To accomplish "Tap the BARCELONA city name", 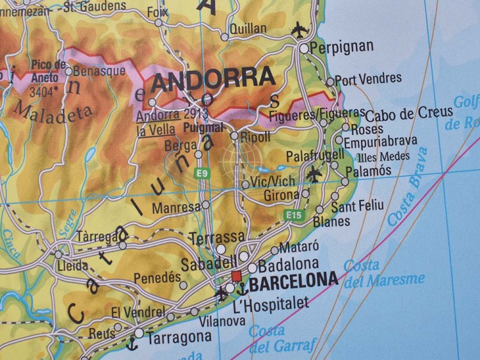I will click(x=294, y=280).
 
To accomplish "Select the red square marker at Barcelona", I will click(x=236, y=275).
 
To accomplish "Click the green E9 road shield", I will click(x=202, y=173).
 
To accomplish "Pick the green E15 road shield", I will click(x=294, y=215).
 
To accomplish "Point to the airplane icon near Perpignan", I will click(x=298, y=29).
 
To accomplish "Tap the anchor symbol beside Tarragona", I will click(x=132, y=343).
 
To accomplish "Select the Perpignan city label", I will click(x=341, y=47).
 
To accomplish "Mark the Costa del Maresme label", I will click(x=383, y=273).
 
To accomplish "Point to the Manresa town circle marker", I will click(x=205, y=205).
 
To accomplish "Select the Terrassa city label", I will click(x=217, y=238).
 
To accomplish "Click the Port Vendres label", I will click(x=368, y=79).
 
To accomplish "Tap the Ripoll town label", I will click(x=255, y=136).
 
